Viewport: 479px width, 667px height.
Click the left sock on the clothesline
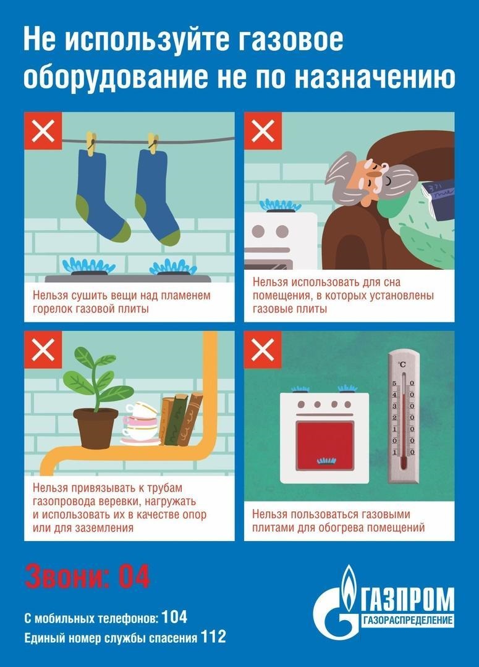coord(100,196)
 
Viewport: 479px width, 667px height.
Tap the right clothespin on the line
coord(153,143)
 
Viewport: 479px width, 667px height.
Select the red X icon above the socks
coord(43,130)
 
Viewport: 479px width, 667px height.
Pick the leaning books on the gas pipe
coord(181,419)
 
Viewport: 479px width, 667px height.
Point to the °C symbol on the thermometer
coord(402,364)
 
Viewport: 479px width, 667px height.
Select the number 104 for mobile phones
coord(174,617)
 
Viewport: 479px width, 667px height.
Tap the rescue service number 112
coord(213,637)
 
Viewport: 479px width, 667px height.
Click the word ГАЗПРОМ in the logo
coord(407,599)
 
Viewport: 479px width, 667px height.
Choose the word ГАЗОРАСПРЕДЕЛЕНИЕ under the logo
coord(407,620)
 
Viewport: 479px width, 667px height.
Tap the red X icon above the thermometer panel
coord(263,350)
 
